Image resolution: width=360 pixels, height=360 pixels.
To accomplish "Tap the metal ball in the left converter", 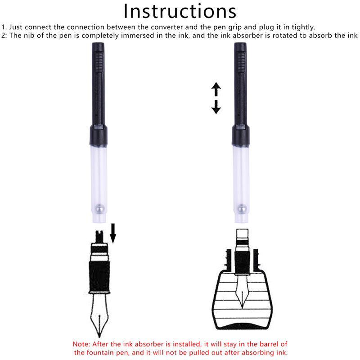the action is pos(100,209).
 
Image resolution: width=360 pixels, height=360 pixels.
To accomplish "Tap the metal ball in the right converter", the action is pos(242,209).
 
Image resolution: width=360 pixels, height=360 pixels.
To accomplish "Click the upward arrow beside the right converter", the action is pos(216,89).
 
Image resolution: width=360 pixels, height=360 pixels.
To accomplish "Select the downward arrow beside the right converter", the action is pos(216,107).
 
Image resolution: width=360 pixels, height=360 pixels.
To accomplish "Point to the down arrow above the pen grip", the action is pos(113,233).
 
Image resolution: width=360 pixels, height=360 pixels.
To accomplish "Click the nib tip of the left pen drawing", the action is pos(99,337).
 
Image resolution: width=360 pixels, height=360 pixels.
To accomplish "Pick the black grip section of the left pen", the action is pos(99,278).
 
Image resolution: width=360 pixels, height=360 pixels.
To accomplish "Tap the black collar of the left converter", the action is pos(99,135).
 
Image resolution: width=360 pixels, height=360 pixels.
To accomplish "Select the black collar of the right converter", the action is pos(241,135).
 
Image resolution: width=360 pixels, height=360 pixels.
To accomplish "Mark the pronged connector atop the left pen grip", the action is pos(99,237).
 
